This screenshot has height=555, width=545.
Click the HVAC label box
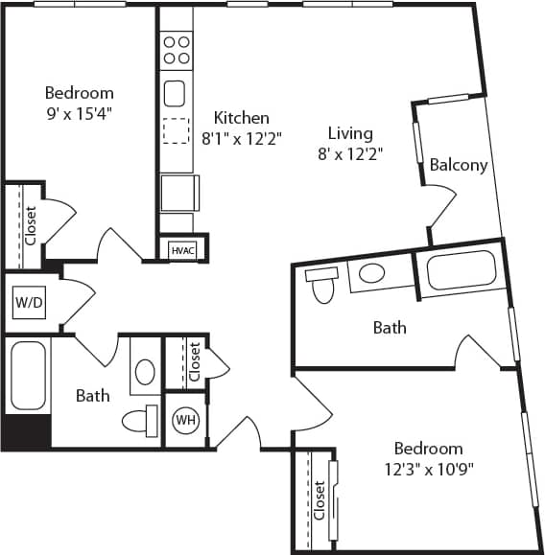coord(181,250)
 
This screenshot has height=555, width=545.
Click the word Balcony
coord(458,165)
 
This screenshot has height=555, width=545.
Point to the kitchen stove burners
coord(176,50)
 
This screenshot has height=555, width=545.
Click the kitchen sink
coord(175,93)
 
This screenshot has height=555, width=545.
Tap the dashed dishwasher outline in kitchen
coord(176,129)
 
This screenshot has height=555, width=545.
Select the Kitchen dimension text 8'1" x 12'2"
coord(241,138)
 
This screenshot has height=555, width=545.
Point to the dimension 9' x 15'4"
coord(79,111)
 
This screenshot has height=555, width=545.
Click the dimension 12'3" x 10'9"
coord(427,469)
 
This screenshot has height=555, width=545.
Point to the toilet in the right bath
coord(320,284)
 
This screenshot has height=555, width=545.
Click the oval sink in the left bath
coord(145,371)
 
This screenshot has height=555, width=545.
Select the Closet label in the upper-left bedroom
coord(31,226)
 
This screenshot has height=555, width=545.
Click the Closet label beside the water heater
coord(195,362)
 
